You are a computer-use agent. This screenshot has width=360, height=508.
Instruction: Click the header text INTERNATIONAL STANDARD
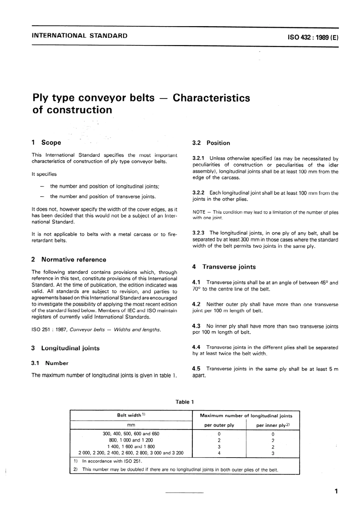80,36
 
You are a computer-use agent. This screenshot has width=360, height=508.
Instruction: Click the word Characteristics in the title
211,98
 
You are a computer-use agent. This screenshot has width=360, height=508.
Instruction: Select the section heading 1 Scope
46,143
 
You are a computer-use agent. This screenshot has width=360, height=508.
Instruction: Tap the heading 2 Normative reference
69,260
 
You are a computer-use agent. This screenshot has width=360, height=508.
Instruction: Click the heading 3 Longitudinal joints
66,348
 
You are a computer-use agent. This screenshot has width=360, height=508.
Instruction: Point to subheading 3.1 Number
50,363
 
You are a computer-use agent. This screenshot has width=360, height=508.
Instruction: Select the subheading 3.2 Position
211,143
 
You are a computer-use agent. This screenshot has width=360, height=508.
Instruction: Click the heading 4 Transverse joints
224,267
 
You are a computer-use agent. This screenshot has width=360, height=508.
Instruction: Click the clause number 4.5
196,369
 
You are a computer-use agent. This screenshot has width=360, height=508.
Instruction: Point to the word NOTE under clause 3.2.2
199,213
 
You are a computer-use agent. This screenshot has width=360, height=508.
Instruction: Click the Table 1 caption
185,402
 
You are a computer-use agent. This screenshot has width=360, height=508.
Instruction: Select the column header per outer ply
219,425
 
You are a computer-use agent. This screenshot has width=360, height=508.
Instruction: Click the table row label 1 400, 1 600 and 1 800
131,447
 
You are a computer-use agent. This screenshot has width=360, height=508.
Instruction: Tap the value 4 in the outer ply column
219,453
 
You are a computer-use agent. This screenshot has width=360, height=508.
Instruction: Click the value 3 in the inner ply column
272,453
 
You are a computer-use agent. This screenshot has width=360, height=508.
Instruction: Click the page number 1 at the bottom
336,492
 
